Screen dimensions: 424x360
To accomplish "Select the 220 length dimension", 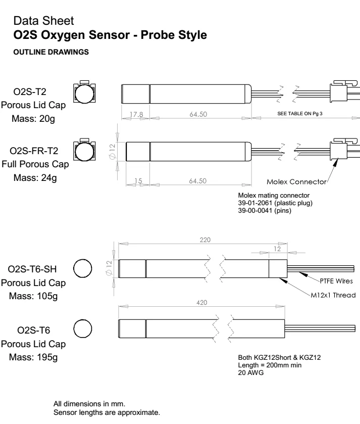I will pyautogui.click(x=205, y=239).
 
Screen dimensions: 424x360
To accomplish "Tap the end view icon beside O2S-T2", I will pyautogui.click(x=83, y=92).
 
